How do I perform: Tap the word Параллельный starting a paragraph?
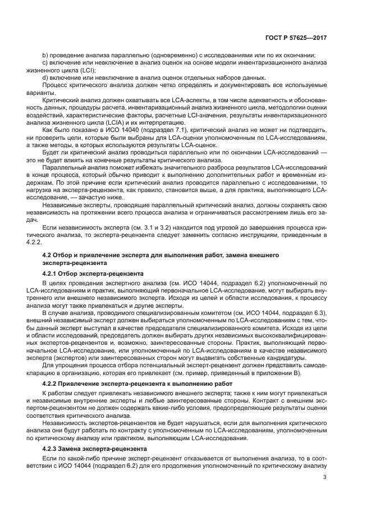(63, 167)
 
